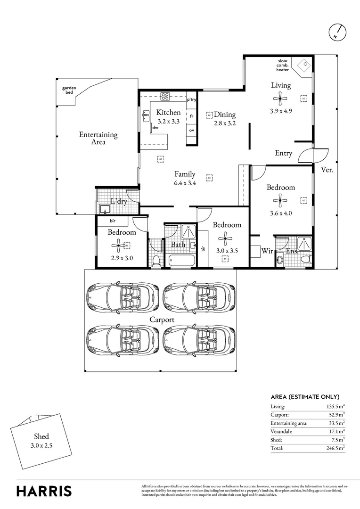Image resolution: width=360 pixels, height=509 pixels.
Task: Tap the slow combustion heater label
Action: tap(282, 66)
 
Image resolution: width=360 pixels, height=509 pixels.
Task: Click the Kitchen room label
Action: tap(168, 112)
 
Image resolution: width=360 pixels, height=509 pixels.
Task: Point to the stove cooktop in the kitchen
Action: tap(165, 97)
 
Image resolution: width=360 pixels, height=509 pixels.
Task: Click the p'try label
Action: tap(191, 100)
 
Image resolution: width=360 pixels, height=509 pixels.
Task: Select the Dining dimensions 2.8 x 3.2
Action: tap(224, 123)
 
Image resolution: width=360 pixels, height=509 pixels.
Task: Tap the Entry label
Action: tap(284, 153)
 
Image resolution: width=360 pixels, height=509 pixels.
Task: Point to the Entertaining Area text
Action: tap(98, 138)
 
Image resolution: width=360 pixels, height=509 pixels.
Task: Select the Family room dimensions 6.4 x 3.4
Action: tap(185, 182)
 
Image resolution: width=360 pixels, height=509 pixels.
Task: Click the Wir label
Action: tap(267, 251)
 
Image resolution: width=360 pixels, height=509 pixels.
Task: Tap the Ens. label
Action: tap(292, 251)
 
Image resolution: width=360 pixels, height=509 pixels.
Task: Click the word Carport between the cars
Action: tap(162, 320)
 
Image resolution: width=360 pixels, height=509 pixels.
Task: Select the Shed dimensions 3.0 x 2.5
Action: tap(41, 445)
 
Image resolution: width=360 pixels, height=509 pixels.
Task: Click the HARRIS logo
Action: tap(44, 491)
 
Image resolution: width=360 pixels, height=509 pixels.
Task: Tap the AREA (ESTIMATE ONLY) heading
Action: tap(305, 396)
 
